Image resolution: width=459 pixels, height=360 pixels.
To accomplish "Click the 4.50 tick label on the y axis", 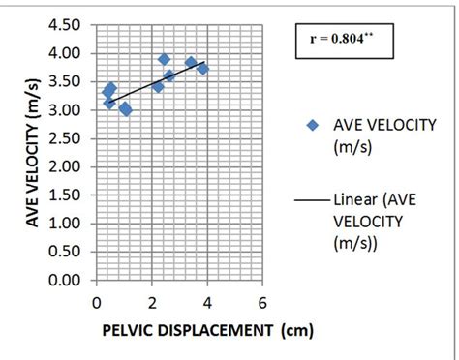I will [x=69, y=26].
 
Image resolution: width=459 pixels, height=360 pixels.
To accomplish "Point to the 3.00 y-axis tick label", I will [x=69, y=110].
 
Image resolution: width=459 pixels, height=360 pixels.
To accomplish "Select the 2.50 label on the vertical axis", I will [x=69, y=138].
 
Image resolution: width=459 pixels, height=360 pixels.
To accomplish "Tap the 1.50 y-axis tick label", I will [x=69, y=195].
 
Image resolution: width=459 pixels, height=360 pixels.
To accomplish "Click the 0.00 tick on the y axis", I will [x=69, y=281].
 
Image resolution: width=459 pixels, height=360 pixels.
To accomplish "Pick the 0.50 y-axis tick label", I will [x=69, y=253].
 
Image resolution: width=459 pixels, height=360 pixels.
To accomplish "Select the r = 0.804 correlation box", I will [x=345, y=42].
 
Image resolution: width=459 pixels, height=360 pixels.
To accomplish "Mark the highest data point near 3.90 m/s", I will [x=165, y=60].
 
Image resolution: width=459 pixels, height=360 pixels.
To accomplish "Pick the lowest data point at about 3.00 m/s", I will [x=126, y=110].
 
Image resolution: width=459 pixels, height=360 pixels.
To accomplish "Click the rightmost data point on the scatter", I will [x=202, y=69].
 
